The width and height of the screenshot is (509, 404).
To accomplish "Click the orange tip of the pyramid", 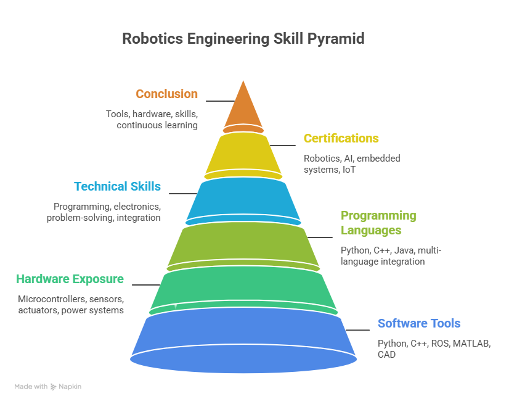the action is pyautogui.click(x=243, y=107).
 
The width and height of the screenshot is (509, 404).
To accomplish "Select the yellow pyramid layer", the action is pyautogui.click(x=243, y=156).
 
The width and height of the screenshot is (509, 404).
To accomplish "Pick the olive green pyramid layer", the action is pyautogui.click(x=243, y=246).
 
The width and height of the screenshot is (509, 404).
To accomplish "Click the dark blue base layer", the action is pyautogui.click(x=243, y=340).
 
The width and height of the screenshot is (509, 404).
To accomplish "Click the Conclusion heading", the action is pyautogui.click(x=166, y=94).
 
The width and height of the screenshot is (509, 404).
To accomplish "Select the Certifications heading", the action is pyautogui.click(x=341, y=138).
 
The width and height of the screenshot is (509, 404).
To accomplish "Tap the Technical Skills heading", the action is pyautogui.click(x=117, y=186).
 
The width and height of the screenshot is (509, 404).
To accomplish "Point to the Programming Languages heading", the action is pyautogui.click(x=378, y=223).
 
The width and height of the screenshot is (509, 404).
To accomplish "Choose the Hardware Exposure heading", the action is pyautogui.click(x=70, y=279).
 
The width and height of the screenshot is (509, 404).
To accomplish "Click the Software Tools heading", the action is pyautogui.click(x=419, y=323).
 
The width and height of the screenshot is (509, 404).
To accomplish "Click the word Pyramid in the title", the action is pyautogui.click(x=336, y=39).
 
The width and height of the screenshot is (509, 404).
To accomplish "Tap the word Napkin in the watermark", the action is pyautogui.click(x=70, y=387).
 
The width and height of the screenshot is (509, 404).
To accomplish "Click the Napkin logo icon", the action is pyautogui.click(x=53, y=387).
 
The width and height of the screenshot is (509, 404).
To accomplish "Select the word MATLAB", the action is pyautogui.click(x=471, y=344).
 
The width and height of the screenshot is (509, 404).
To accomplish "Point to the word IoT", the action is pyautogui.click(x=349, y=170).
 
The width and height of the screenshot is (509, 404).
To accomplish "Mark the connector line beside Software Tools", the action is pyautogui.click(x=357, y=330).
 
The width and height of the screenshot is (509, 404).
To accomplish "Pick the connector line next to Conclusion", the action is pyautogui.click(x=221, y=101).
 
